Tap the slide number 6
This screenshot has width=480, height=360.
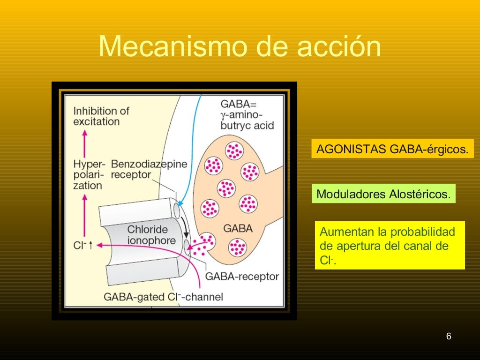coord(449,336)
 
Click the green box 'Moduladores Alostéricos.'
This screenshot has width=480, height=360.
coord(383,194)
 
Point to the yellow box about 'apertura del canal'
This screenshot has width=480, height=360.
coord(389,245)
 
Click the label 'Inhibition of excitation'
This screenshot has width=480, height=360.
coord(101,116)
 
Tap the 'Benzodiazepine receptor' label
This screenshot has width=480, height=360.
coord(149,169)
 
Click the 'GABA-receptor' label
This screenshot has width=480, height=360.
coord(241,276)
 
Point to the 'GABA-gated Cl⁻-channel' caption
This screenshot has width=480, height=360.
coord(163,296)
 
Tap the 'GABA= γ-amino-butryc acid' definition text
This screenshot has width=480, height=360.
coord(247,114)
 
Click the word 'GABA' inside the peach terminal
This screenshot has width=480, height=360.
coord(238,228)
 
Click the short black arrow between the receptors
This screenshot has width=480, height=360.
coord(186,228)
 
